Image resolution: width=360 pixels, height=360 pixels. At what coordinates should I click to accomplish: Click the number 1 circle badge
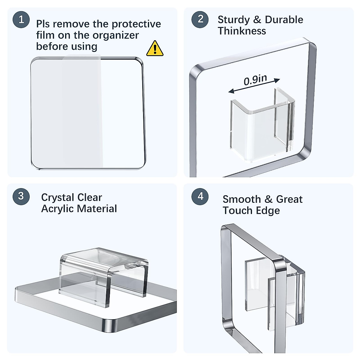(x=21, y=19)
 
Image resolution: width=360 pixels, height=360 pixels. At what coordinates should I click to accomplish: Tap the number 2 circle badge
(x=200, y=19)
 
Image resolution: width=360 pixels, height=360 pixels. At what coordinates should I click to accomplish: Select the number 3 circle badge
(x=21, y=196)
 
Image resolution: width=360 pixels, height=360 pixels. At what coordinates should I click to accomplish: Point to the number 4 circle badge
(x=200, y=196)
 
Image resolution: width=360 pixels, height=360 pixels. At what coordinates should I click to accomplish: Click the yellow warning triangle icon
(x=155, y=48)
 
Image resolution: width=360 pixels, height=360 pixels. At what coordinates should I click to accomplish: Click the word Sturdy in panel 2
(x=234, y=20)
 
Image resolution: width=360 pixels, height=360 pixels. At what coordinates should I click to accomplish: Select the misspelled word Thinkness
(x=242, y=31)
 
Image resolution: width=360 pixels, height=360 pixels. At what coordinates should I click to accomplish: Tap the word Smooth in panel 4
(x=242, y=199)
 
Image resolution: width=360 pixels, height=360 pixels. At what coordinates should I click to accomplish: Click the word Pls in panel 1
(x=43, y=24)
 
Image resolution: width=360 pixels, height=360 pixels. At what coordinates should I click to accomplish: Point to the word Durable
(x=284, y=19)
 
